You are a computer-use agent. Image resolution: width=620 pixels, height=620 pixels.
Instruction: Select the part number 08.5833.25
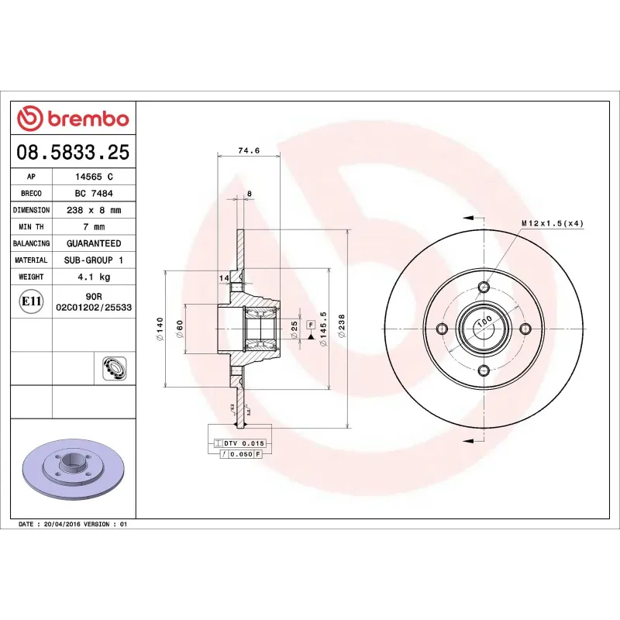pos(73,152)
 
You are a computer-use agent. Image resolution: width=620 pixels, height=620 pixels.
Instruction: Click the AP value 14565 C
pos(94,177)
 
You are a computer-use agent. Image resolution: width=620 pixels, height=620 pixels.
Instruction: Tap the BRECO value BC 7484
pos(94,193)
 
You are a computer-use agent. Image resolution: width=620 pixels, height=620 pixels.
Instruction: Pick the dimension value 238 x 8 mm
pos(94,210)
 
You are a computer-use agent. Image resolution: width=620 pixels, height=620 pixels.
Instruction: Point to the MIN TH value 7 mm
pos(94,227)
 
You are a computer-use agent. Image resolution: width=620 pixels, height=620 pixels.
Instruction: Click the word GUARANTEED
pos(94,243)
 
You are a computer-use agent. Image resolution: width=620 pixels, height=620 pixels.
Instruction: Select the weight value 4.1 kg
pos(94,277)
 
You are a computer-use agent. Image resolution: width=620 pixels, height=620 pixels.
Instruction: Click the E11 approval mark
pos(32,301)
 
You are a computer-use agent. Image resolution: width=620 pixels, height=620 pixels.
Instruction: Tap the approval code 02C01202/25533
pos(94,308)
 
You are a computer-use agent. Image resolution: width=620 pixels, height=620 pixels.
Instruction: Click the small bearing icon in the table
pos(113,368)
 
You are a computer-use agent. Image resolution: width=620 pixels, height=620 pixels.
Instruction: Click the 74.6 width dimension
pos(248,151)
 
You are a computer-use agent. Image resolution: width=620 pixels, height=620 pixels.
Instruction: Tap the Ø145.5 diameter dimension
pos(323,328)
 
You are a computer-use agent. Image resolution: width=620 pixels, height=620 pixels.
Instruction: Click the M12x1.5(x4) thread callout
pos(552,223)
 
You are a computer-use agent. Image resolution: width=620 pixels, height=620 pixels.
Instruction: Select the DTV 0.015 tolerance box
pos(244,443)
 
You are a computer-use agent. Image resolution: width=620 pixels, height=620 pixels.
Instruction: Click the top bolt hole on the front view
pos(484,288)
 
